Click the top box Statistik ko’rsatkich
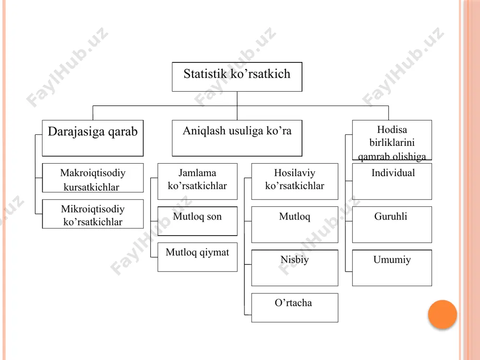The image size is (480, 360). (x=237, y=77)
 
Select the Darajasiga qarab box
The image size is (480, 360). (x=93, y=138)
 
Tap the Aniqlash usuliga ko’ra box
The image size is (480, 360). (x=237, y=138)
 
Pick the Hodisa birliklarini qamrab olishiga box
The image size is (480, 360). (x=392, y=140)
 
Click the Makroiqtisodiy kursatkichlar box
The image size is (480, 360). (x=93, y=178)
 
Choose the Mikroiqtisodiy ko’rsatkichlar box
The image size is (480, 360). (x=93, y=214)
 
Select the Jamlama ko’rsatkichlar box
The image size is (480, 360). (x=197, y=181)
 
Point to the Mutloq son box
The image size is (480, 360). (x=197, y=221)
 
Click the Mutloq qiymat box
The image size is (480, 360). (x=197, y=257)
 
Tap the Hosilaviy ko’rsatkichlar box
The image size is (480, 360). (x=295, y=181)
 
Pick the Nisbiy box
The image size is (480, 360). (x=295, y=268)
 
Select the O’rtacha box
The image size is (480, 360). (x=295, y=308)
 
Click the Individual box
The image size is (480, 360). (x=392, y=181)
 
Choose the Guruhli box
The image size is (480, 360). (x=392, y=225)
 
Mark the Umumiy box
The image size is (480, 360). (x=392, y=268)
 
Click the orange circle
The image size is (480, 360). (x=443, y=314)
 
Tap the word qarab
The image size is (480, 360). (x=122, y=132)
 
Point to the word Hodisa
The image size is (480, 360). (x=392, y=130)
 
